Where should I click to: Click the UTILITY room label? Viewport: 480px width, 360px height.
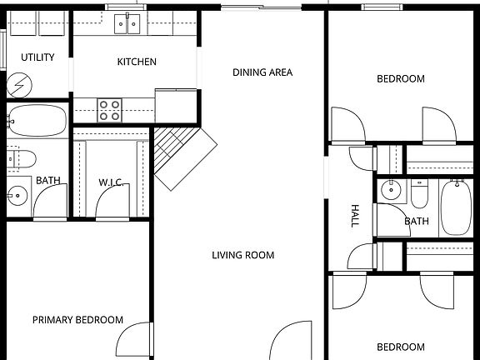(37, 57)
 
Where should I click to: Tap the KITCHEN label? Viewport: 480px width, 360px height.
(137, 62)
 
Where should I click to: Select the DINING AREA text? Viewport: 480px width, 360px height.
(262, 72)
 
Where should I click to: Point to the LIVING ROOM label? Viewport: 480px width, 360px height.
(242, 255)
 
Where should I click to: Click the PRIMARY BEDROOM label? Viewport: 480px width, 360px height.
(77, 320)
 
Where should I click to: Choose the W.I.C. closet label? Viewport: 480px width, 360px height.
(111, 182)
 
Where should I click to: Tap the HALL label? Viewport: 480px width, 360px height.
(355, 217)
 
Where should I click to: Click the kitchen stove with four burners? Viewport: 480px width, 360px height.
(111, 109)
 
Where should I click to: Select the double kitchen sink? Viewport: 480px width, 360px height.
(128, 23)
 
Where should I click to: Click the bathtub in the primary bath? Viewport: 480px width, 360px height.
(37, 122)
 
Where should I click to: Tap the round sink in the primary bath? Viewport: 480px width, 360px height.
(17, 196)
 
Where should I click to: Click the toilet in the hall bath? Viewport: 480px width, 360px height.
(419, 193)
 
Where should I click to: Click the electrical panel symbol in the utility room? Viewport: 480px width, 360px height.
(18, 84)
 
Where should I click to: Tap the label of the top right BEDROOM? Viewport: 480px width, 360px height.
(400, 79)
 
